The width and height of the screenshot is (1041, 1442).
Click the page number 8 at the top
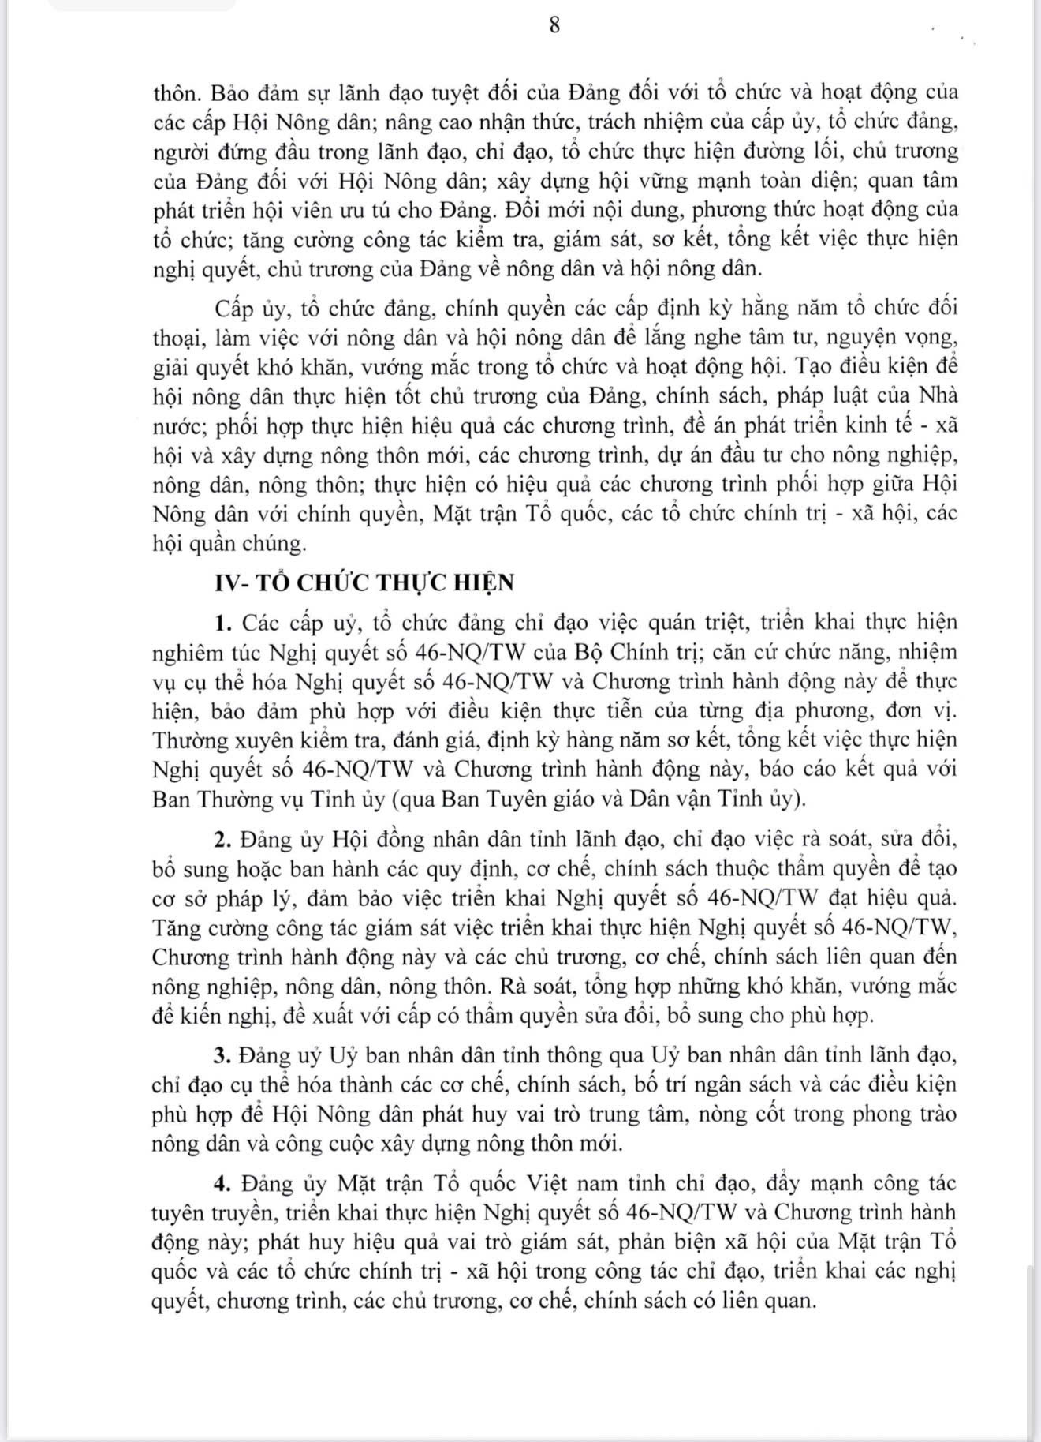(x=554, y=25)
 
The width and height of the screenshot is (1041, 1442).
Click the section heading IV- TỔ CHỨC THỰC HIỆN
(x=364, y=582)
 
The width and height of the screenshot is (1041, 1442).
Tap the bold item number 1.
(x=222, y=623)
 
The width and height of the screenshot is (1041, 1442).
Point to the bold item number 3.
(x=222, y=1055)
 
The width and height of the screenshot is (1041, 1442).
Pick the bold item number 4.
(x=222, y=1184)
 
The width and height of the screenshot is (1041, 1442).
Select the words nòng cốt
(x=761, y=1114)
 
